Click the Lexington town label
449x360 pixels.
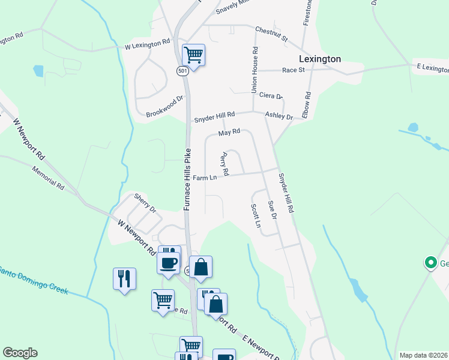(x=320, y=59)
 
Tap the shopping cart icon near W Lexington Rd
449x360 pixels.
(x=193, y=55)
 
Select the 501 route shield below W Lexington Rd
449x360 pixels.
(x=182, y=71)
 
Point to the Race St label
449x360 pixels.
(x=294, y=70)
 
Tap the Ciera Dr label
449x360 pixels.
(x=271, y=95)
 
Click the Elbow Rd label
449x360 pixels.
(x=307, y=104)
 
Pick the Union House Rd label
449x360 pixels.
(x=255, y=70)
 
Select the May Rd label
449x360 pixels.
(x=229, y=132)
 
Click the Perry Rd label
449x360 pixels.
(x=224, y=164)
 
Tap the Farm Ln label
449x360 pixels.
(x=205, y=178)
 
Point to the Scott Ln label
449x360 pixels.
(x=256, y=215)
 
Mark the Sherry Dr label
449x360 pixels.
(x=145, y=203)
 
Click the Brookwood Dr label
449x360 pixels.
(x=164, y=107)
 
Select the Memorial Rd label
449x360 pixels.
(x=48, y=178)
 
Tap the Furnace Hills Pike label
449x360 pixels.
(x=187, y=179)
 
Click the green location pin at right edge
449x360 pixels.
(x=430, y=262)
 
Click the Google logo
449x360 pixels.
(x=20, y=353)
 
